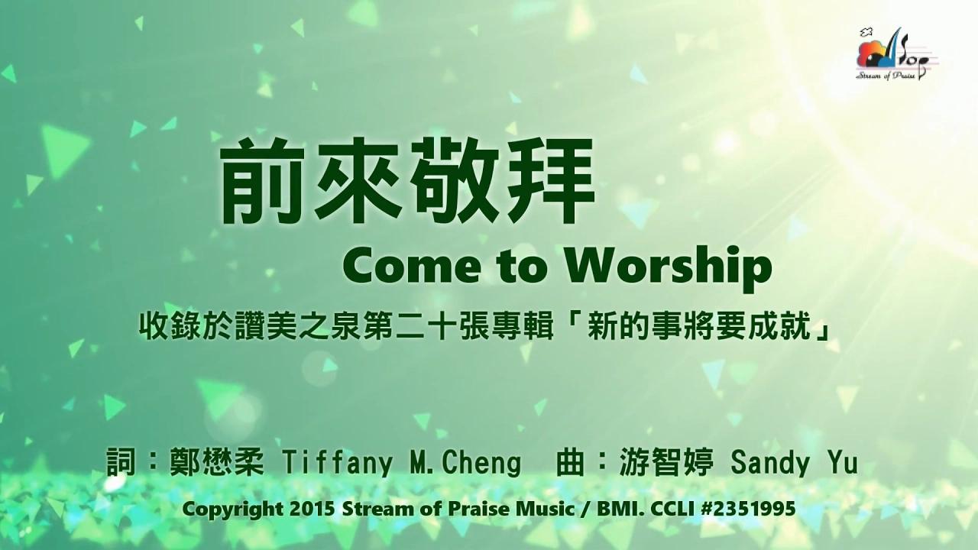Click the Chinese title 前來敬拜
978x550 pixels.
click(408, 180)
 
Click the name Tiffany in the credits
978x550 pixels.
click(338, 463)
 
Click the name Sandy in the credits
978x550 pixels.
click(769, 463)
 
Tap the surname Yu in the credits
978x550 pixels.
click(840, 462)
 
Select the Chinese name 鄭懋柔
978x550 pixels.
click(216, 462)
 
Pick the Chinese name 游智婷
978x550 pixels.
click(667, 462)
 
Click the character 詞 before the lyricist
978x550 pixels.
click(121, 462)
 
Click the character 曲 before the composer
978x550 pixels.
click(570, 462)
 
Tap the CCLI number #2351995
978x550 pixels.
click(748, 509)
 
